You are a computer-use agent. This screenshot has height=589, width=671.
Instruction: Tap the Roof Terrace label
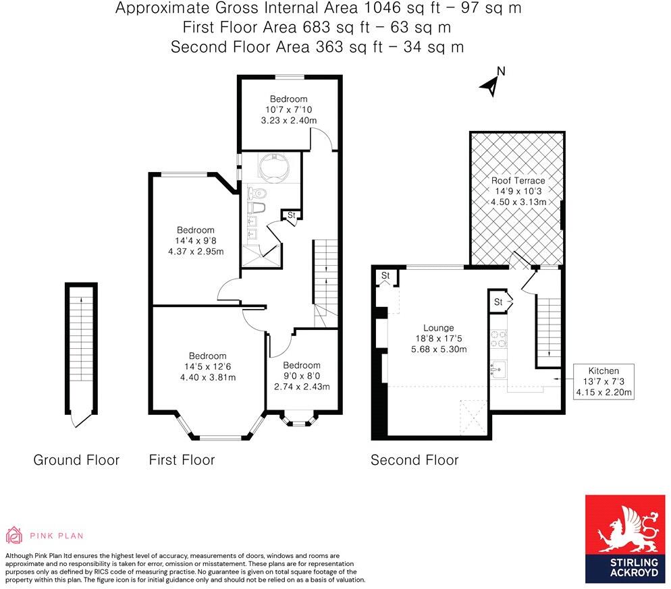coord(518,191)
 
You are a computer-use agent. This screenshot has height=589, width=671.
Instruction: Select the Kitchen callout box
coord(603,381)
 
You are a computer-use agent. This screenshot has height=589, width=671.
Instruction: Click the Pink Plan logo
coord(45,536)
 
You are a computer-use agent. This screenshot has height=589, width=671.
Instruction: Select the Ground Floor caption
coord(76,460)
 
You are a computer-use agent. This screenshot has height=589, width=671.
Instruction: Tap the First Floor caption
coord(182,460)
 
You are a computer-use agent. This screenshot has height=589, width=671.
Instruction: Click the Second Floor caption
coord(414,460)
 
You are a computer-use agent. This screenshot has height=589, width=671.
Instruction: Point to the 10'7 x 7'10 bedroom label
coord(289,109)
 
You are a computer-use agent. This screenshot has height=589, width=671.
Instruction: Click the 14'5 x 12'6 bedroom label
coord(207,366)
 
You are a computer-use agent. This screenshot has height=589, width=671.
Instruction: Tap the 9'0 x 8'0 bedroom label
coord(302,376)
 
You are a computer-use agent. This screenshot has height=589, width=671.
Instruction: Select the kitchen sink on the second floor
coord(499,368)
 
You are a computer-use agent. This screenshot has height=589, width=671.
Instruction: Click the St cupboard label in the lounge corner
coord(385,276)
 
